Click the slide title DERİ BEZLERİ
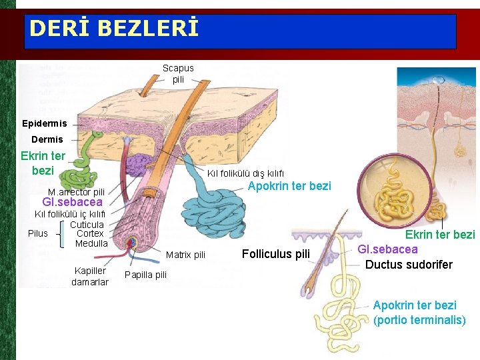114,29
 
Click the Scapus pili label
178,73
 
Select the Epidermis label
45,123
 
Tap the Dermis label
47,139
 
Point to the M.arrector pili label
76,192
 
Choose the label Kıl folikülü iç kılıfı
70,214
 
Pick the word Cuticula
87,225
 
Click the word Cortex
90,233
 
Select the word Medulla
91,243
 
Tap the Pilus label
38,233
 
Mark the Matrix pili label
185,255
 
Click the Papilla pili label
145,275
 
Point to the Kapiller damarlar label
90,277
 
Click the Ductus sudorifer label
409,265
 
